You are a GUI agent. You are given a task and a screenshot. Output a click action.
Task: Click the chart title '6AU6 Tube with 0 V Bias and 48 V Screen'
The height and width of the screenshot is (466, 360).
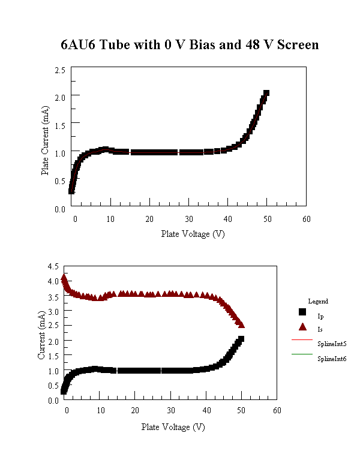coord(190,45)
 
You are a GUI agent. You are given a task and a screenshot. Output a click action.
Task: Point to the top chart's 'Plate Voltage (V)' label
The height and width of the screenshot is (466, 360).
coord(192,233)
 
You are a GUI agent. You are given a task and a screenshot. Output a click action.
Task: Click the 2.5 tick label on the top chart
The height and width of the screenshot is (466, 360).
coord(59,70)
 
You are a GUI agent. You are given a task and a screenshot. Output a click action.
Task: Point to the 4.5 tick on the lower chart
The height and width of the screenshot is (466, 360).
coord(53,266)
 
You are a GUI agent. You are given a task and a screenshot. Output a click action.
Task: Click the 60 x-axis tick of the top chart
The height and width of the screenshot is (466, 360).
coord(306,220)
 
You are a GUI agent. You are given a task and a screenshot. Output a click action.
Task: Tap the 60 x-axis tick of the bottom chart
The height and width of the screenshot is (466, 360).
coord(277,411)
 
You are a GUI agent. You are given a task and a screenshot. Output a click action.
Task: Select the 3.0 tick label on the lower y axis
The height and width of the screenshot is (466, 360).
coord(53,311)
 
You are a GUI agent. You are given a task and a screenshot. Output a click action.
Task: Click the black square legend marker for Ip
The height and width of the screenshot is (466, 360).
coord(302,312)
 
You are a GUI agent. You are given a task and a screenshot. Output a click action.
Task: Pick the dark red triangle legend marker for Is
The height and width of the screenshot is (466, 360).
coord(302,327)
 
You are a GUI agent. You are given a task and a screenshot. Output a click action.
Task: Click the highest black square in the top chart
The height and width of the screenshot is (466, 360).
coord(266,93)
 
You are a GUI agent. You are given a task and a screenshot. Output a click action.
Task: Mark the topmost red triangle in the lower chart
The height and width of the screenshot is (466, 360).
coord(64,277)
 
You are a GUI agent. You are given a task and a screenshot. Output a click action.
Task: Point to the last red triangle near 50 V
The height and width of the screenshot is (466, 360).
coord(241,324)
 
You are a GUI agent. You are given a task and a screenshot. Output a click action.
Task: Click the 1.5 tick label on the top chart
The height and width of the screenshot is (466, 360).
coord(59,123)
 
